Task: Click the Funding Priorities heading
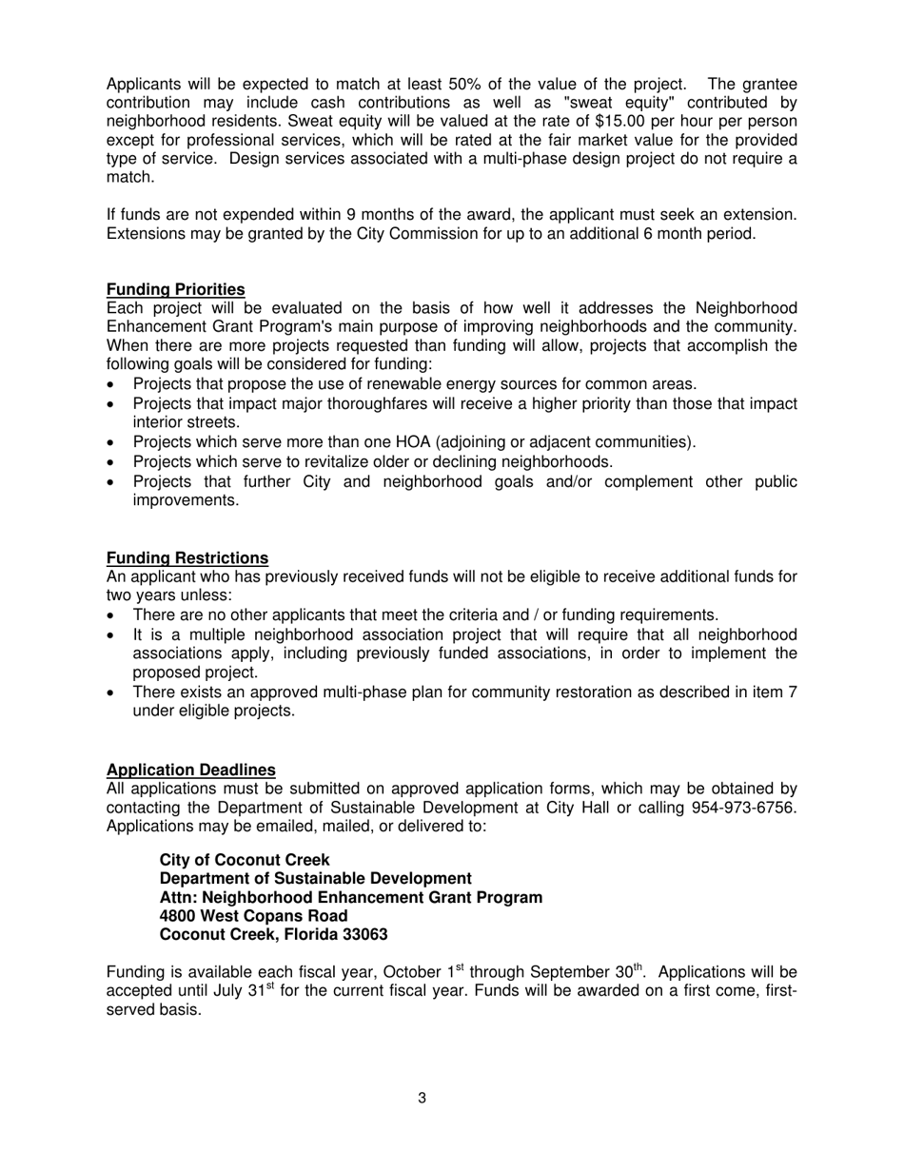[x=175, y=289]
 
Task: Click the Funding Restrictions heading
[x=187, y=557]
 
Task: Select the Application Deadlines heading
[x=190, y=770]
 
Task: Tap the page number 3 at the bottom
[x=422, y=1099]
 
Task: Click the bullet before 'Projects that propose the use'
[x=112, y=385]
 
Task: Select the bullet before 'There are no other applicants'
[x=112, y=615]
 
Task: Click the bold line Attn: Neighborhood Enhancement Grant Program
[x=350, y=897]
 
